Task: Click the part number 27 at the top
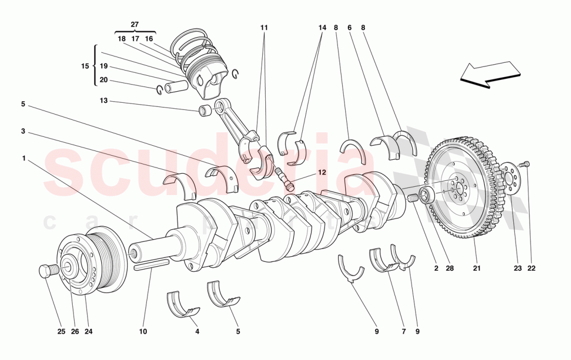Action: (x=134, y=24)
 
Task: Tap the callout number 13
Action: (x=104, y=101)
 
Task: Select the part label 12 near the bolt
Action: (x=322, y=172)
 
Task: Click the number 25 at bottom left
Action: (x=61, y=331)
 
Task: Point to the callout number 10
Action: (x=143, y=331)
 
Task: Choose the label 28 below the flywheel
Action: (x=450, y=269)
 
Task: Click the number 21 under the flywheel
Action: (x=477, y=269)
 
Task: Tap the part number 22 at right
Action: (x=531, y=269)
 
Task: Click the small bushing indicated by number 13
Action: (x=205, y=110)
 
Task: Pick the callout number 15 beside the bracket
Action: (x=85, y=66)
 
